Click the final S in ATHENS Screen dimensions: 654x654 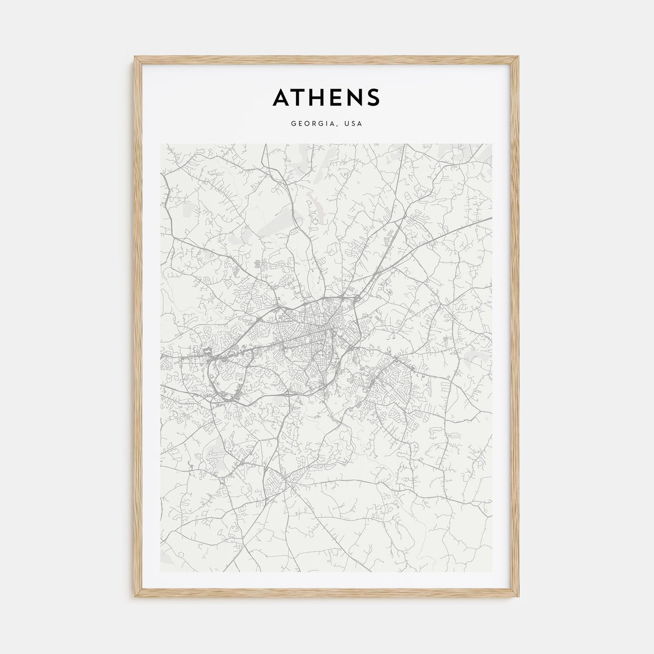coord(374,97)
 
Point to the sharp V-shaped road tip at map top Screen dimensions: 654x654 coord(264,146)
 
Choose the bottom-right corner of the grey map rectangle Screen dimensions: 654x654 coord(491,572)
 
